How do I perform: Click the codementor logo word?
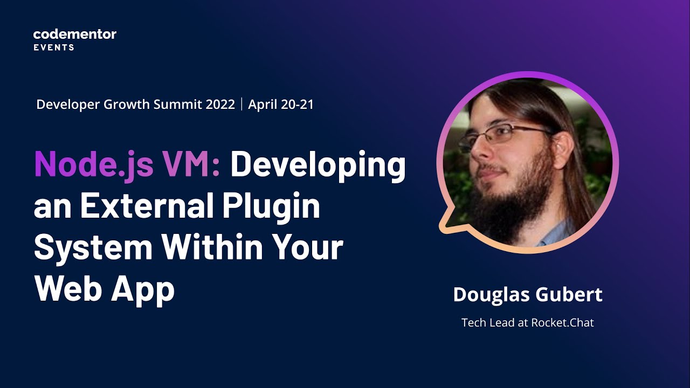click(x=74, y=34)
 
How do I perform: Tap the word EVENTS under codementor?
click(x=54, y=47)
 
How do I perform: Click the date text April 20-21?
click(x=280, y=105)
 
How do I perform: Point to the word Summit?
click(x=177, y=105)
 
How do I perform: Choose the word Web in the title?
click(x=68, y=288)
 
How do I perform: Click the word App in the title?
click(x=143, y=290)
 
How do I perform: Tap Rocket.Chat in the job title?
click(x=562, y=323)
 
